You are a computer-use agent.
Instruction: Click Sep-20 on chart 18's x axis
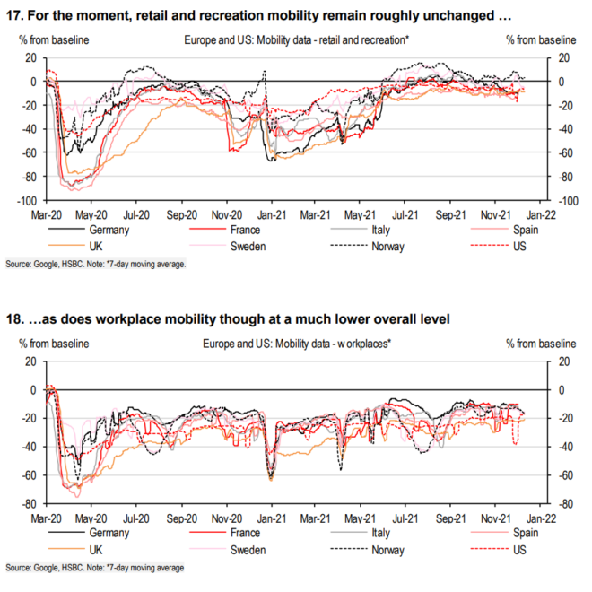[181, 520]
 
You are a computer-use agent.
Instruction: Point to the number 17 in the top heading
[13, 15]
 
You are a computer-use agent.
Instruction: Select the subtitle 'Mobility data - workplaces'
[318, 344]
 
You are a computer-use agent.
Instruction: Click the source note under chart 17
[96, 264]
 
